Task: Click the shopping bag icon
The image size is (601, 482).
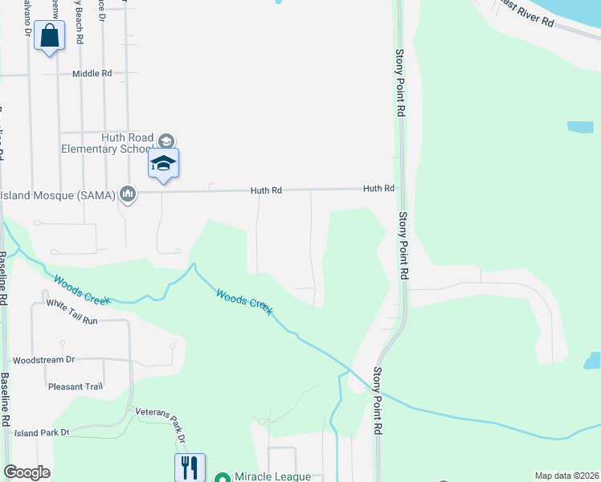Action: [50, 37]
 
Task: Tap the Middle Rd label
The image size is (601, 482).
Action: [92, 73]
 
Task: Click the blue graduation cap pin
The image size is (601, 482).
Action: [163, 163]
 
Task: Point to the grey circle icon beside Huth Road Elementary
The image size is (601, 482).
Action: [166, 139]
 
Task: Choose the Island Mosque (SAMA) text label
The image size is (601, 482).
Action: [58, 194]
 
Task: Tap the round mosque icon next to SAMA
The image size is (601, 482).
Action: [127, 194]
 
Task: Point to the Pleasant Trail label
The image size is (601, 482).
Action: [76, 386]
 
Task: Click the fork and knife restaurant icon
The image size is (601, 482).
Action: [190, 467]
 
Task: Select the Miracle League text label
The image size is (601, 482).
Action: [272, 476]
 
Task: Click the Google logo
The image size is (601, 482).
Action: [27, 472]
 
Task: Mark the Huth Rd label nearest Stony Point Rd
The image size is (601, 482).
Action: [378, 189]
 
